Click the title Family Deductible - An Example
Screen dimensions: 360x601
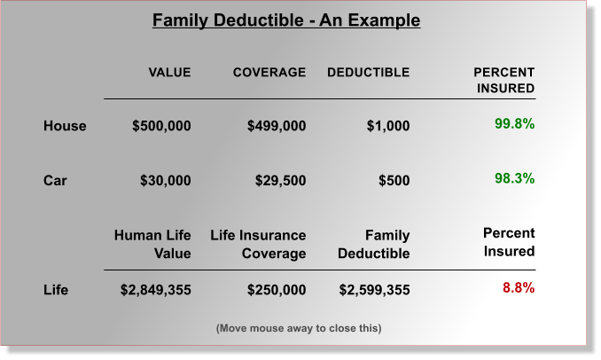pyautogui.click(x=285, y=20)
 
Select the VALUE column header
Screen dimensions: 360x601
pyautogui.click(x=168, y=73)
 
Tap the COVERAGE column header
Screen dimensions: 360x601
pyautogui.click(x=269, y=73)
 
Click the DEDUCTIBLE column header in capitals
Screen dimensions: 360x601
pyautogui.click(x=368, y=73)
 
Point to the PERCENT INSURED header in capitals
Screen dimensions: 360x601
pyautogui.click(x=504, y=80)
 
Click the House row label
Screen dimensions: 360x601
pyautogui.click(x=65, y=126)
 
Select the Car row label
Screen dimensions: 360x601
pyautogui.click(x=55, y=181)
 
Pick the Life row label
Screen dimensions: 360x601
pyautogui.click(x=56, y=290)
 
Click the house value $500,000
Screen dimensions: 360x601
pyautogui.click(x=161, y=126)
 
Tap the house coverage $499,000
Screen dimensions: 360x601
pyautogui.click(x=276, y=126)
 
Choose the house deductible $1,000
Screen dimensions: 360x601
pyautogui.click(x=388, y=126)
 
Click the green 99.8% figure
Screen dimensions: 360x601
pyautogui.click(x=514, y=124)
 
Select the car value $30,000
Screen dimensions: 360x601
pyautogui.click(x=165, y=181)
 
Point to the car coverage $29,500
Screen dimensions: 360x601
pyautogui.click(x=280, y=181)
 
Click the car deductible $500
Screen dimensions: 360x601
pyautogui.click(x=394, y=181)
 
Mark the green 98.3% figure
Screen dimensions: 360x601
pyautogui.click(x=514, y=179)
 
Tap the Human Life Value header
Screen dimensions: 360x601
pyautogui.click(x=152, y=244)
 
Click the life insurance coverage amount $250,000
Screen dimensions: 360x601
pyautogui.click(x=276, y=290)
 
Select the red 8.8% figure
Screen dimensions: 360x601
pyautogui.click(x=518, y=288)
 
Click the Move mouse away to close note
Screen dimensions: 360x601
pyautogui.click(x=299, y=328)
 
